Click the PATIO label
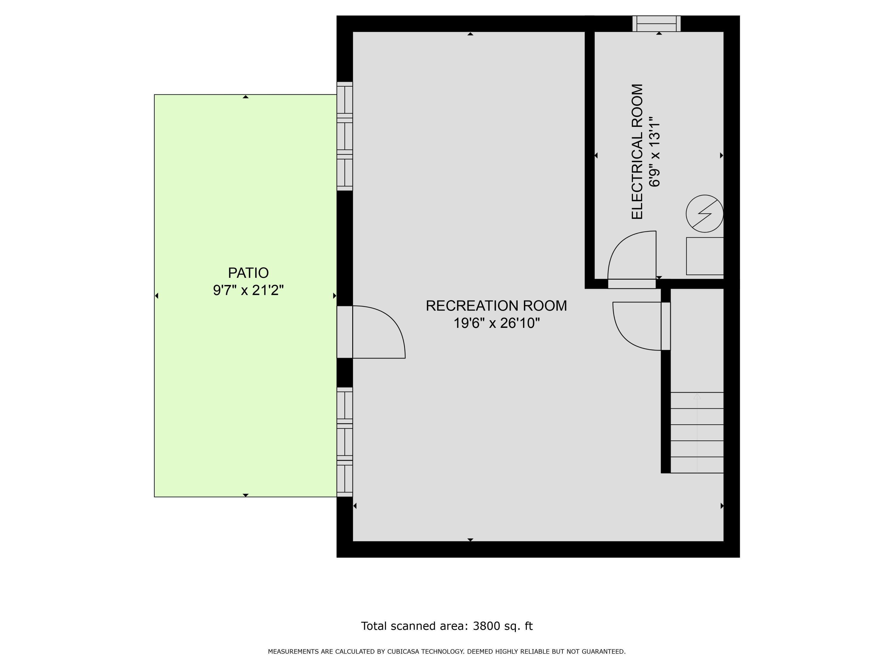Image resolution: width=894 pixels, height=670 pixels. [x=248, y=273]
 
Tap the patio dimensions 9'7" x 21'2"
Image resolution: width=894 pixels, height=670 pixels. [x=248, y=290]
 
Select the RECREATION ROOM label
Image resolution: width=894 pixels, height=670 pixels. [x=496, y=306]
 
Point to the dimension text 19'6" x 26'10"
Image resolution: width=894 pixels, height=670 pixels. [x=496, y=323]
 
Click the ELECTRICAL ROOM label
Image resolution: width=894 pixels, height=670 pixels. [x=637, y=152]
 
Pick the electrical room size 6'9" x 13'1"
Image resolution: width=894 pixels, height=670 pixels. [x=654, y=152]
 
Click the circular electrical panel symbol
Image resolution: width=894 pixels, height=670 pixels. [x=704, y=214]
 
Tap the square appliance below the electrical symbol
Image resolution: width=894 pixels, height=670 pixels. [x=704, y=256]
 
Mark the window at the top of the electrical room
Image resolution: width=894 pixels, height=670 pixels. [x=656, y=24]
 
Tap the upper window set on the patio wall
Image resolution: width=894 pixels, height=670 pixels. [x=345, y=136]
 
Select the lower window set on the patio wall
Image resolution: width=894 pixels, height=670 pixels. [x=345, y=442]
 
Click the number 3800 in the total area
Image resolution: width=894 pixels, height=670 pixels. [x=486, y=626]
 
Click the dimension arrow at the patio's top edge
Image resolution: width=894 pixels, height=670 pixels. [x=245, y=97]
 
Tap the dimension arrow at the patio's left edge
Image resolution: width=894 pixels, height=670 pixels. [x=157, y=296]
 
